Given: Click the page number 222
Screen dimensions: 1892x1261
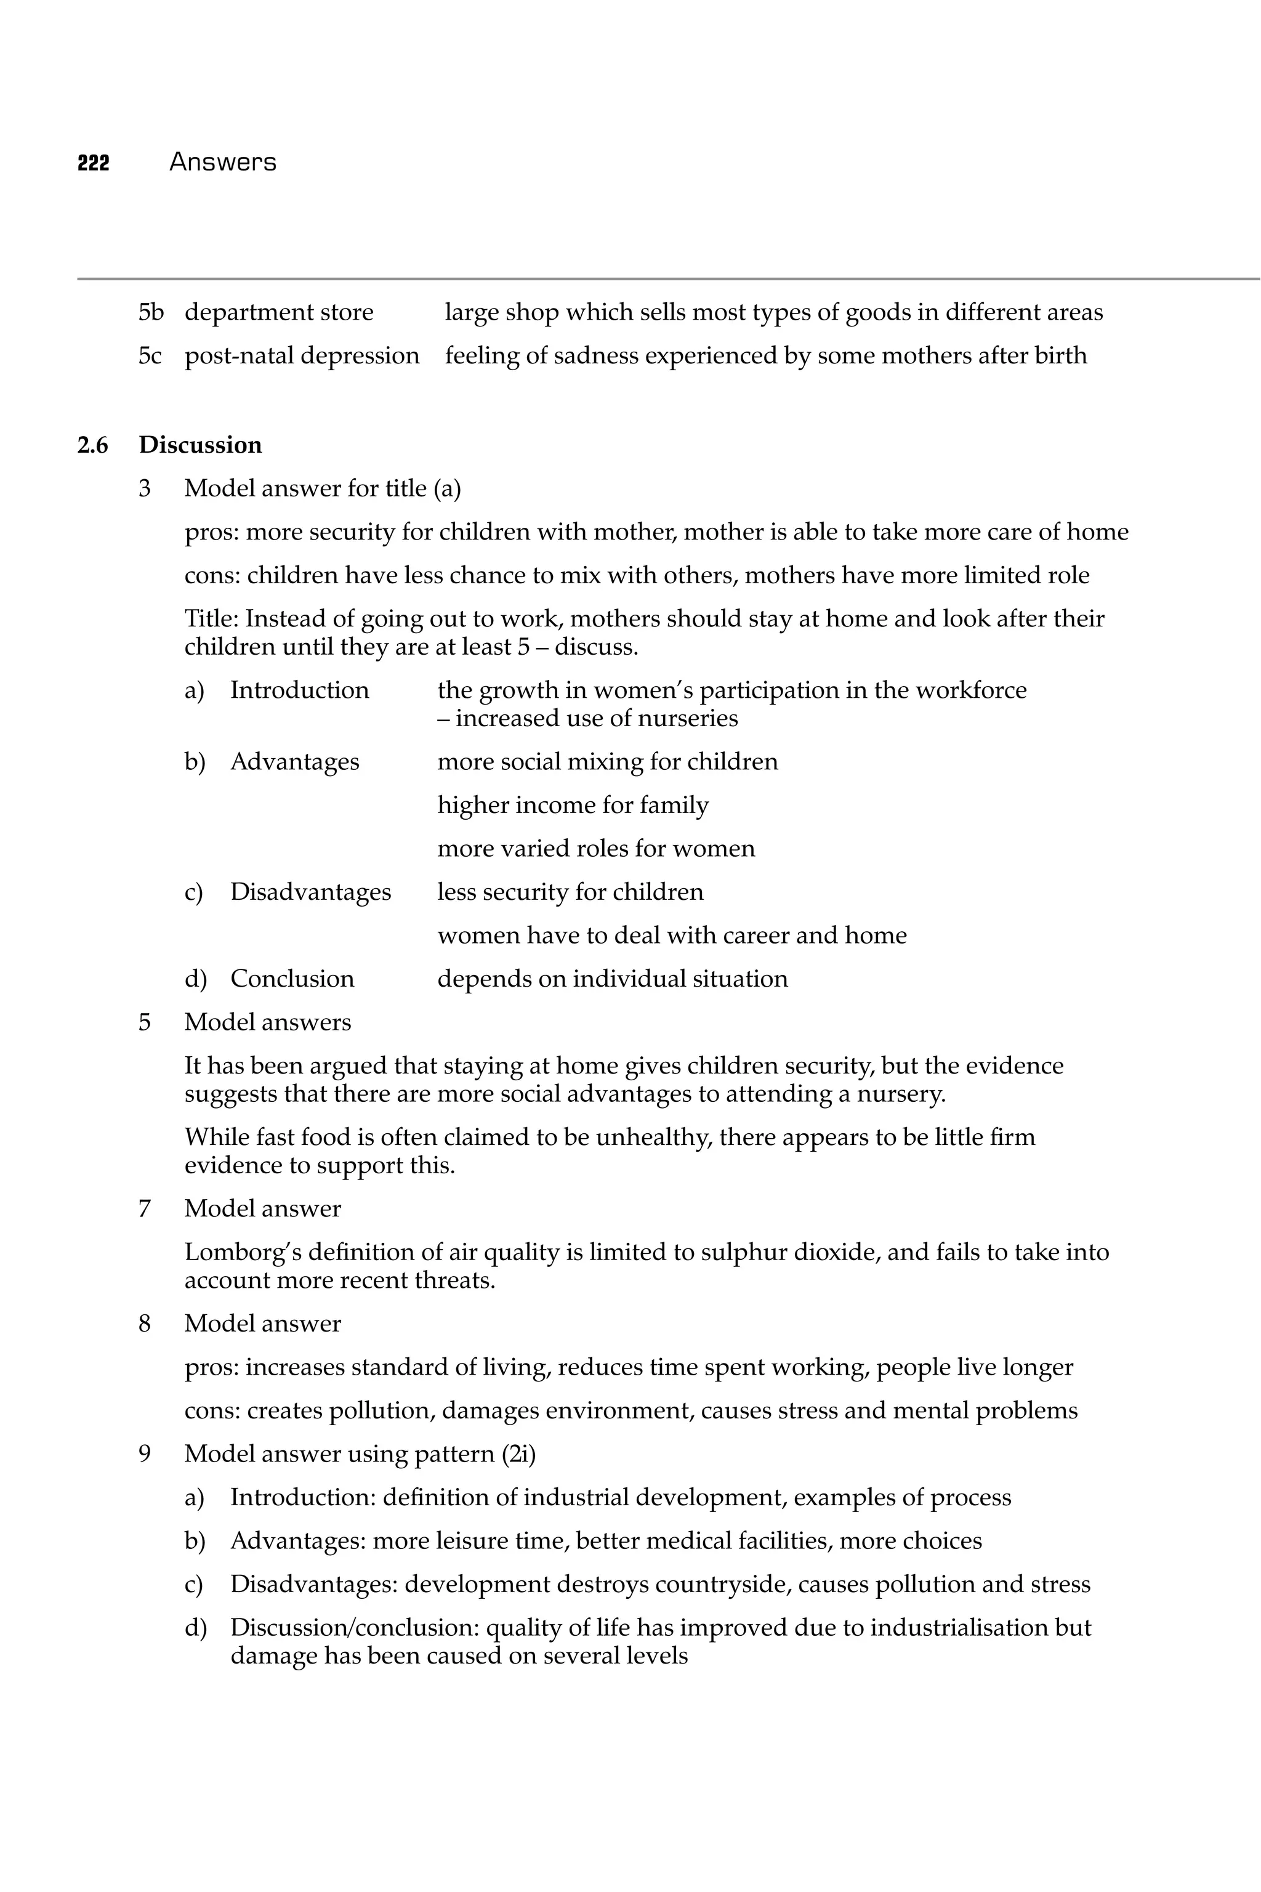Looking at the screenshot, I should tap(94, 163).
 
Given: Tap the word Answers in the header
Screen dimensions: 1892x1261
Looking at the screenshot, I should tap(223, 163).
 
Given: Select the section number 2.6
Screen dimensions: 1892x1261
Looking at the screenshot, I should tap(92, 445).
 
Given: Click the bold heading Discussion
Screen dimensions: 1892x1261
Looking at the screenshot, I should tap(200, 445).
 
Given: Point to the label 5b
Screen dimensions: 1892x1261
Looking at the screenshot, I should tap(150, 312).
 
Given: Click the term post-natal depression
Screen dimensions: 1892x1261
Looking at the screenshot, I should tap(302, 355).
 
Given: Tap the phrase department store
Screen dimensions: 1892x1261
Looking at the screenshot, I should tap(279, 312).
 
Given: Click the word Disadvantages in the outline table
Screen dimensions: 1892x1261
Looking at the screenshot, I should tap(310, 891).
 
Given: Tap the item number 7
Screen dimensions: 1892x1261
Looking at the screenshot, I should tap(145, 1208).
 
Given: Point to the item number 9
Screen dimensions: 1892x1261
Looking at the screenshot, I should tap(145, 1453).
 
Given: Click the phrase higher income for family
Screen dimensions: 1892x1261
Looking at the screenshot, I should tap(573, 804).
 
